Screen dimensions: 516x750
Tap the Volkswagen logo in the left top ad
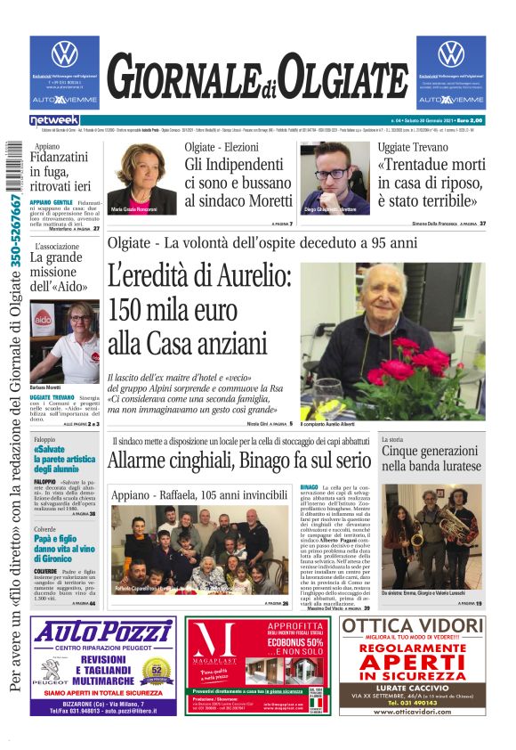pyautogui.click(x=64, y=53)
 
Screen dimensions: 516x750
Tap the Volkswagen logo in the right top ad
pyautogui.click(x=451, y=53)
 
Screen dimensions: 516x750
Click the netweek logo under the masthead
pyautogui.click(x=54, y=120)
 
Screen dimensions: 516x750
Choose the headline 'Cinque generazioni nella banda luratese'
pyautogui.click(x=431, y=459)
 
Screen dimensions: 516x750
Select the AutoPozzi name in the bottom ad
pyautogui.click(x=101, y=632)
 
